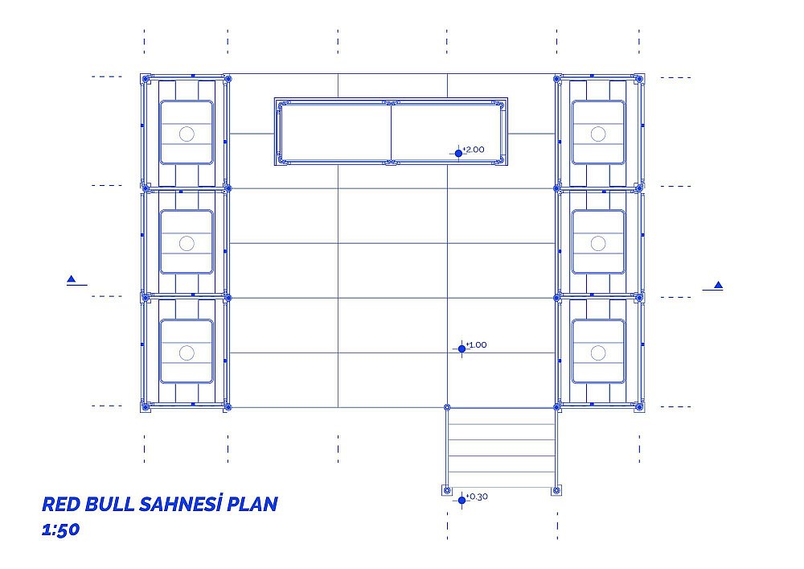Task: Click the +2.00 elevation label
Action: [474, 150]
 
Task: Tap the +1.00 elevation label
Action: [476, 344]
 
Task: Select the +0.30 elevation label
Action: [478, 497]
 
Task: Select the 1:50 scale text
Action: [60, 530]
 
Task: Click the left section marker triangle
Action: [72, 279]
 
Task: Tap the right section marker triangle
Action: [718, 285]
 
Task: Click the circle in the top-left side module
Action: [187, 134]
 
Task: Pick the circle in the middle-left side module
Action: [187, 243]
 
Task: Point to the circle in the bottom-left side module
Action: [187, 353]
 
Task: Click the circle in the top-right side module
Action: [598, 134]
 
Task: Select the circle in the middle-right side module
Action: [598, 243]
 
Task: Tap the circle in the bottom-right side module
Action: [598, 353]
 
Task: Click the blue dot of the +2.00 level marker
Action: [458, 154]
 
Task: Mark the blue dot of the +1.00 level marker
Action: [461, 349]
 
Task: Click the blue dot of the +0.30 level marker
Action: [461, 501]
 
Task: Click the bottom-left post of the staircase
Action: [446, 490]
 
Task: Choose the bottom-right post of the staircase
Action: [556, 490]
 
